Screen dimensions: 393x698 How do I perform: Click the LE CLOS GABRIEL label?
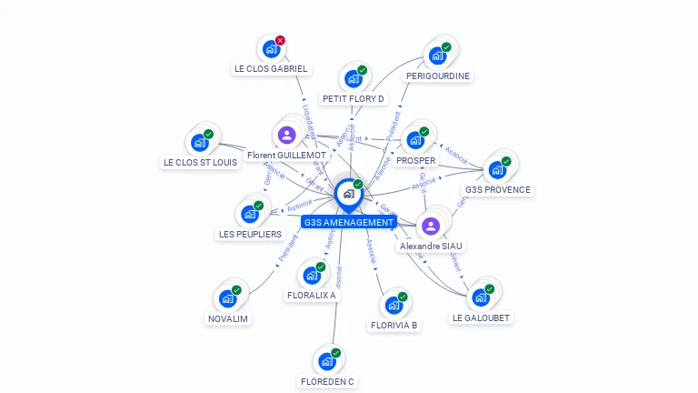pos(271,68)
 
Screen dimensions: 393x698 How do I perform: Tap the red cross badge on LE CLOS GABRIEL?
pos(280,40)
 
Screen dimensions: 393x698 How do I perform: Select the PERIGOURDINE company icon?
pos(437,55)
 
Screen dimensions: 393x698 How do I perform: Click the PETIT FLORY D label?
pos(353,98)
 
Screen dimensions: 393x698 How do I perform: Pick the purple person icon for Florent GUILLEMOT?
pos(287,135)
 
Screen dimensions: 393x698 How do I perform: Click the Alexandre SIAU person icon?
pos(431,226)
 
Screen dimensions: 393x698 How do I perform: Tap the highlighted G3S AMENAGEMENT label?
pos(349,222)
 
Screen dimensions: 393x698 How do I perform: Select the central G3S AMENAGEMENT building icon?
pos(348,193)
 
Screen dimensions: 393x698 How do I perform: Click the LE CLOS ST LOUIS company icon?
pos(199,143)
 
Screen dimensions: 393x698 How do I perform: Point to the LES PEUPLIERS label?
pos(250,234)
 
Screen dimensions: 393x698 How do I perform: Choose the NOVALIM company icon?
pos(227,298)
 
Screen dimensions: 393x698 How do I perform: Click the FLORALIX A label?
pos(311,295)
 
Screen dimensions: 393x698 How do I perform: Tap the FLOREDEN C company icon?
pos(326,361)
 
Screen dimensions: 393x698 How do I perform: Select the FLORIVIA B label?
pos(394,325)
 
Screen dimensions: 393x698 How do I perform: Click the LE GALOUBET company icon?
pos(480,297)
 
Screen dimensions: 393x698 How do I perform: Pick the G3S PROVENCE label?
pos(497,190)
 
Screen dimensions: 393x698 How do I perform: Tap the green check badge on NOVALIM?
pos(236,289)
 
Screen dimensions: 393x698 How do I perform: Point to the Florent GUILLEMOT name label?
pos(286,156)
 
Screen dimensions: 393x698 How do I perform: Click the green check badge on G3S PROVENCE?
pos(506,161)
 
